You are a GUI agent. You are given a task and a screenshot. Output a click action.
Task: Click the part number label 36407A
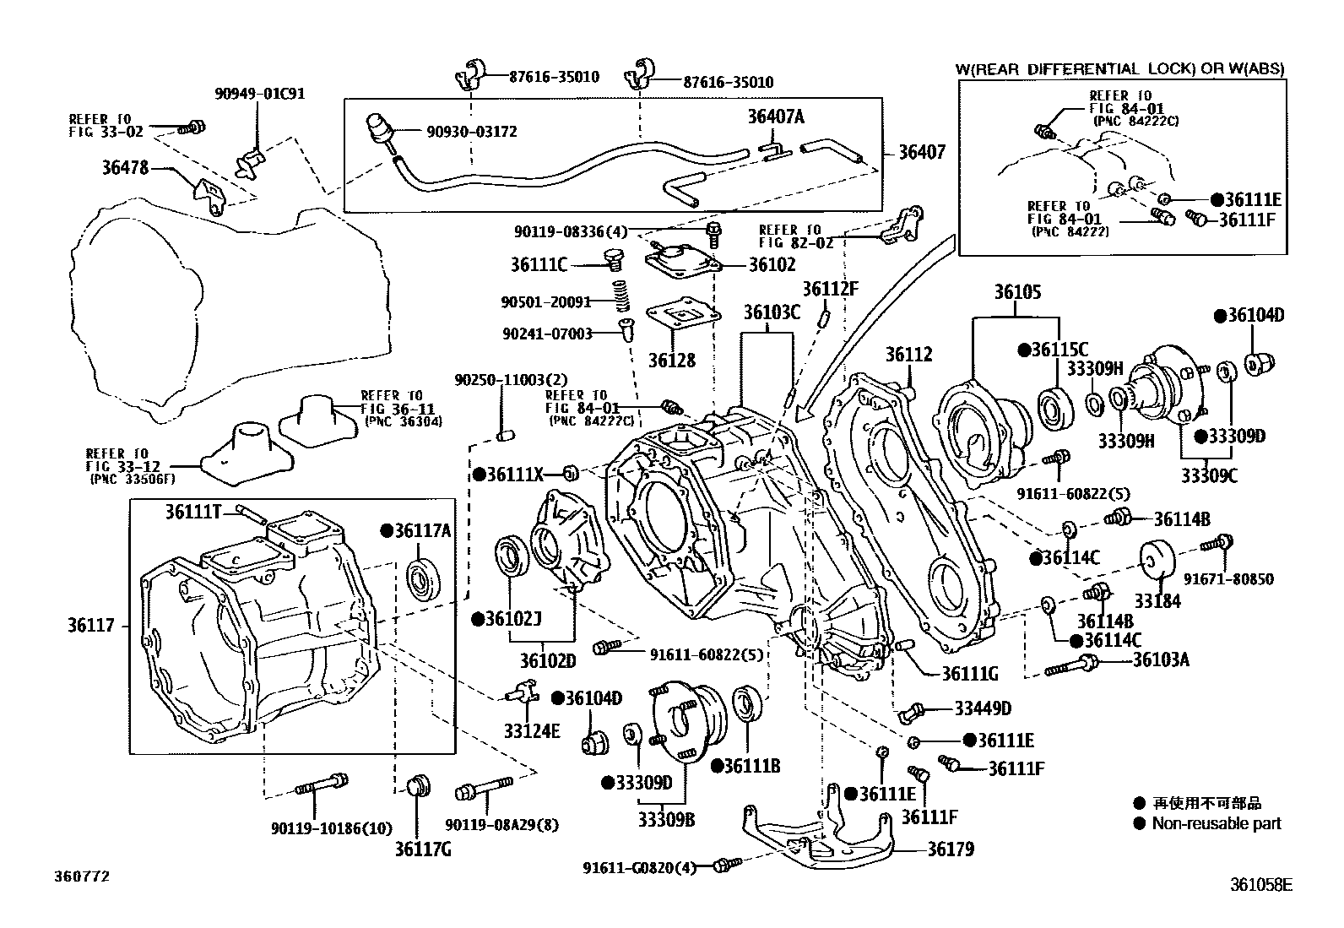(x=775, y=116)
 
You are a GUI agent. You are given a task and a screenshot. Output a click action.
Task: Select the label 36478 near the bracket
(x=125, y=167)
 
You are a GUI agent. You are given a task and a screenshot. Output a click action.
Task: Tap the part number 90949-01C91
(x=260, y=93)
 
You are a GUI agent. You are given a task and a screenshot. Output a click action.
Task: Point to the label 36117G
(x=423, y=849)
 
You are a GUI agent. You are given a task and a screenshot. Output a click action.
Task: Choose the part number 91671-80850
(x=1228, y=579)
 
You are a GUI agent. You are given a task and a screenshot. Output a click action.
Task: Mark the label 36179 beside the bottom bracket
(x=951, y=849)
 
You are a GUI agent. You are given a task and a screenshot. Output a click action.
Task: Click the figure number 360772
(x=82, y=876)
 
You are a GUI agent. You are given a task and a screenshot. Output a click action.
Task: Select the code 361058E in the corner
(x=1261, y=884)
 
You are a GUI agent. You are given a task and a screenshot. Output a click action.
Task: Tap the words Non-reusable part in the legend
(x=1217, y=823)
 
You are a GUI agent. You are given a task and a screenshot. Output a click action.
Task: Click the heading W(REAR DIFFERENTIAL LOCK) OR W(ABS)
(x=1119, y=69)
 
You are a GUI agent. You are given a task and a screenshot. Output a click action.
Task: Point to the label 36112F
(x=831, y=289)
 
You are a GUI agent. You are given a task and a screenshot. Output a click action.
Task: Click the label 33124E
(x=532, y=730)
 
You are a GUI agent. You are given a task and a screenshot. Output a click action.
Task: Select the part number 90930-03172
(x=472, y=132)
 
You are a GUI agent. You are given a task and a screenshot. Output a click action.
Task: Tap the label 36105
(x=1017, y=292)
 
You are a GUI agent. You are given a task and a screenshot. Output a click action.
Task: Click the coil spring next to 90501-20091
(x=621, y=296)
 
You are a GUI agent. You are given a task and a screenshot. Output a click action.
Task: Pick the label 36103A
(x=1161, y=659)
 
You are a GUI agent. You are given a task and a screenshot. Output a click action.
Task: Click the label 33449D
(x=983, y=708)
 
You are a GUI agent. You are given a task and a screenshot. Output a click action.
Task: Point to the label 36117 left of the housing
(x=90, y=626)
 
